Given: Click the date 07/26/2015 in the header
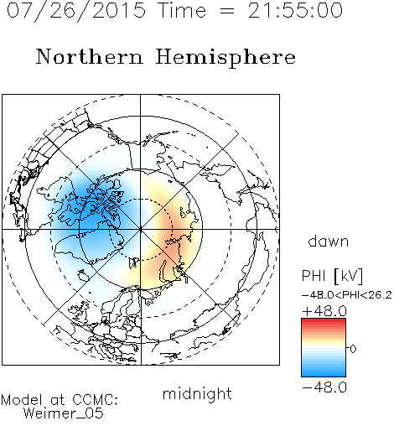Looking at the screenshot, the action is click(76, 10).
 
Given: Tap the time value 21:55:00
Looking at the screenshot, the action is click(295, 10).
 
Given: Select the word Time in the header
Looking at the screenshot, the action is click(182, 10).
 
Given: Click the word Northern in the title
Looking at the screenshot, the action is click(90, 56).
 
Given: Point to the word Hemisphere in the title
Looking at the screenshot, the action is click(226, 58).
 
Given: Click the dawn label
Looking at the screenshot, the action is click(329, 241).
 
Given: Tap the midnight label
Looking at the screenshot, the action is click(197, 393).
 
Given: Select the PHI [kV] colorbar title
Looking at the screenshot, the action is click(332, 276).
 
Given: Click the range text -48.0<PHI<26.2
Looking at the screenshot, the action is click(347, 294).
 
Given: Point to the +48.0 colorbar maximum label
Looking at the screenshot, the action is click(324, 311).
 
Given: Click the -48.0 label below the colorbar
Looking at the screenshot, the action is click(324, 387).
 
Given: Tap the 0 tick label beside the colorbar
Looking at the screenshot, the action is click(353, 349).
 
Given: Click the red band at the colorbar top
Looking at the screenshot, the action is click(324, 322).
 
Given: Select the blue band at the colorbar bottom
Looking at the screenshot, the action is click(324, 373).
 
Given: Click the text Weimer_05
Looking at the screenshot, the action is click(63, 413).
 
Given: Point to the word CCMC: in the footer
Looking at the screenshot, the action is click(95, 400).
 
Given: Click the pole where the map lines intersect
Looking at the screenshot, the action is click(140, 229).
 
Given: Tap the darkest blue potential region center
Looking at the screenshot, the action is click(91, 212).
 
